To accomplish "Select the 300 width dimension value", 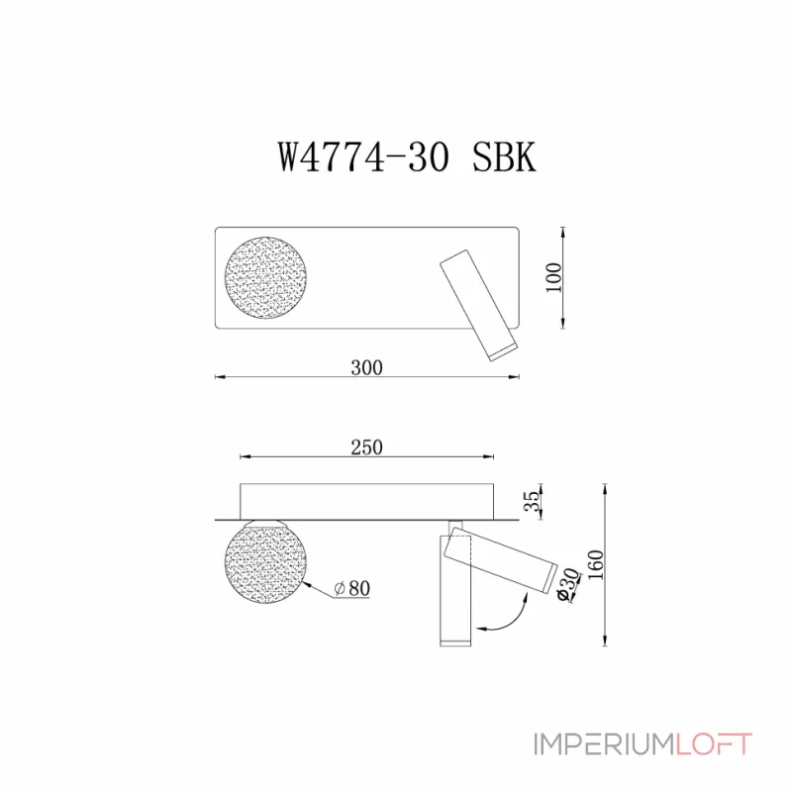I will (x=366, y=367).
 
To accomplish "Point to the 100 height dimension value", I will (x=554, y=278).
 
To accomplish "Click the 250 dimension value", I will (x=366, y=447).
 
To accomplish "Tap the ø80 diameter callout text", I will (x=351, y=588).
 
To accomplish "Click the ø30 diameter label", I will (x=569, y=586).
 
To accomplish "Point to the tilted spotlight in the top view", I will (x=477, y=304).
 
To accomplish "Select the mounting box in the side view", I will (x=366, y=500).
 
